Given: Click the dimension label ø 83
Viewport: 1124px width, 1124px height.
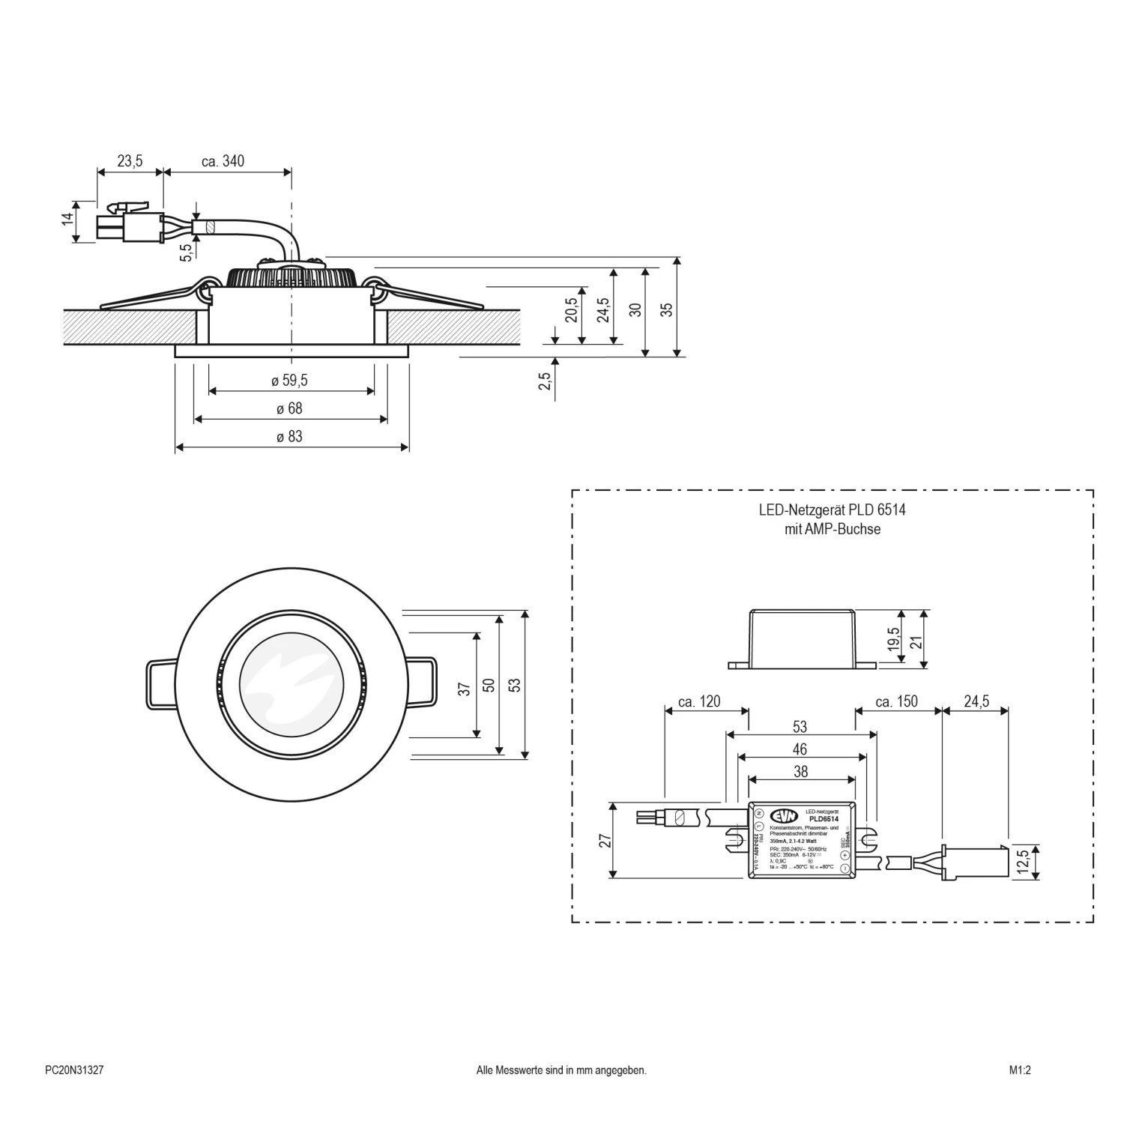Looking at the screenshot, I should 289,437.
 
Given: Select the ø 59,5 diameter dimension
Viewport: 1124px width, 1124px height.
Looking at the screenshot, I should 289,381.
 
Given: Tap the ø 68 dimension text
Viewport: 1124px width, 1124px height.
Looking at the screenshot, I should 289,409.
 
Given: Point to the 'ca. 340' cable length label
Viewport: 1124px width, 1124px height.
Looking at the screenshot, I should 223,161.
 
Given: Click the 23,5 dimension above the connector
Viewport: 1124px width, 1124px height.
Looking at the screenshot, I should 130,161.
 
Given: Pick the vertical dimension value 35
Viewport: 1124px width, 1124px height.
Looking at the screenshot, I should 667,309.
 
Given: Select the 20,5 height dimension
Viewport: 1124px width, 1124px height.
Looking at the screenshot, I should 572,309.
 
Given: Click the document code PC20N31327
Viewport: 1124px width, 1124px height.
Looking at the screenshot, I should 74,1071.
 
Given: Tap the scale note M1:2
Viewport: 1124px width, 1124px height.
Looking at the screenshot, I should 1020,1071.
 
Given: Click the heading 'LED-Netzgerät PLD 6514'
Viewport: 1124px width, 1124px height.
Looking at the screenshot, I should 832,510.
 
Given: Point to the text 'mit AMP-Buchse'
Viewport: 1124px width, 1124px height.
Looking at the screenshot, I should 832,529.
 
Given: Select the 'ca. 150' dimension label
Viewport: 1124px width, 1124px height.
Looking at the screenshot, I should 896,701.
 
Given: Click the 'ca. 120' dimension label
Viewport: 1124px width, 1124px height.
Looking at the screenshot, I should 698,701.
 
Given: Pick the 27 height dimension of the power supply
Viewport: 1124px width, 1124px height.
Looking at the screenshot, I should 605,840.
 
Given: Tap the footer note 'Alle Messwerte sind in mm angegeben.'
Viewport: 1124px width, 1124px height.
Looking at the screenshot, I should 561,1071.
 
